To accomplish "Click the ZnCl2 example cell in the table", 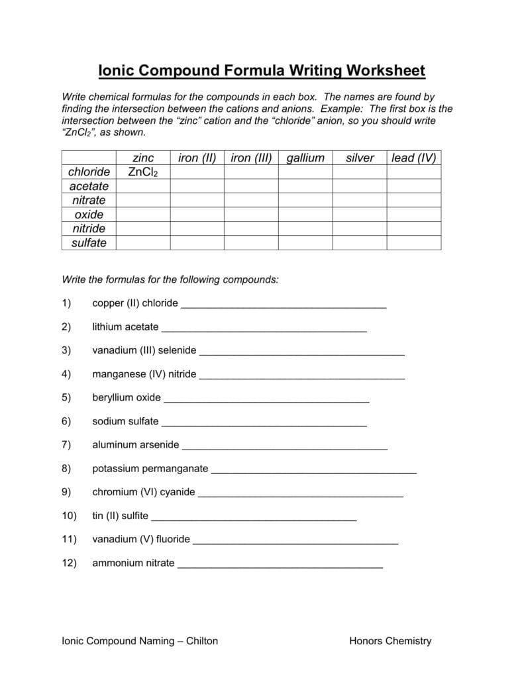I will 143,172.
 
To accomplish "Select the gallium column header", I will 305,158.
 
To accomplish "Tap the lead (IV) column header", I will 413,158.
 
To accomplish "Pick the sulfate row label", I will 89,243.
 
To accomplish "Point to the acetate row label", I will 89,186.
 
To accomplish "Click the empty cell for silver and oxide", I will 360,215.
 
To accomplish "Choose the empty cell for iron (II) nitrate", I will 197,200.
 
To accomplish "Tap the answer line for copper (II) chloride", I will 283,306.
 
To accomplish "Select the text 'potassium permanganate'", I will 150,469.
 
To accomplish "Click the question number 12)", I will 70,563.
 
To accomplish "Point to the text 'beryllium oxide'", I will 127,398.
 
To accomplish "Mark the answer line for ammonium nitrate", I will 280,566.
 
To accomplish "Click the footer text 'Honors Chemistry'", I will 390,641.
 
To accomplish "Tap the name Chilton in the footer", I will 201,641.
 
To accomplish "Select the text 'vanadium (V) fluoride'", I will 141,540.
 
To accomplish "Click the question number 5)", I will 66,398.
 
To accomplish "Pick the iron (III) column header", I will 251,158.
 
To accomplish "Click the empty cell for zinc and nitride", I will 143,228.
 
